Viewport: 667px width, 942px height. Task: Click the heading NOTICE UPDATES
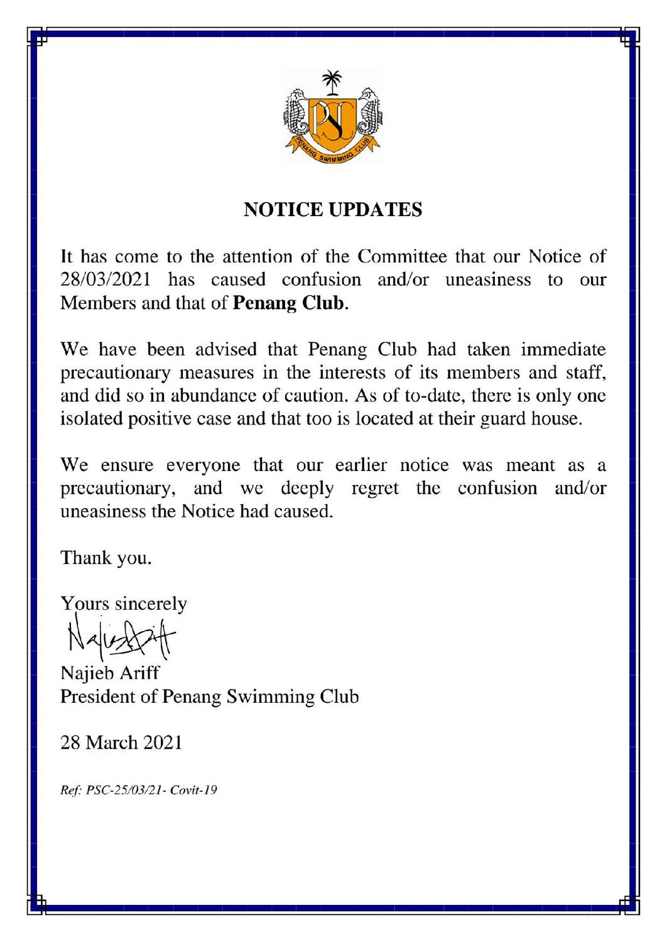coord(332,209)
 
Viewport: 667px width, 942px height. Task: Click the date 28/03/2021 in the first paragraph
coord(106,279)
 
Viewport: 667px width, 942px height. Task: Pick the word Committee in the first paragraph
coord(402,256)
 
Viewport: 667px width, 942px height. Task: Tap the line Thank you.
coord(106,558)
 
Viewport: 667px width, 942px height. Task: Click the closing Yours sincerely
coord(124,604)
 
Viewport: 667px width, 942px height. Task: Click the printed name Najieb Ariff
coord(110,673)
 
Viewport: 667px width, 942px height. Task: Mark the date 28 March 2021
coord(121,743)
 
